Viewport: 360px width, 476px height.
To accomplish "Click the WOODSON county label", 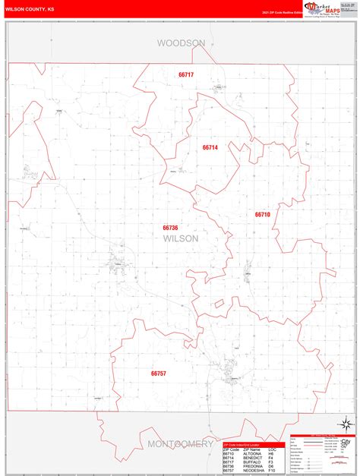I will coord(181,43).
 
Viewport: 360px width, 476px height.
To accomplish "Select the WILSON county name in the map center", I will coord(180,238).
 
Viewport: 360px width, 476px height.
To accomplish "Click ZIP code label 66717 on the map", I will coord(186,74).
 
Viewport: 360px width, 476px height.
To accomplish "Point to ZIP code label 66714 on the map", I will coord(210,147).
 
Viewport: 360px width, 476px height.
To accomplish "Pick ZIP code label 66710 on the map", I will coord(262,215).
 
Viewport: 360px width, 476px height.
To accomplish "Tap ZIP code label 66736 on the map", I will coord(170,227).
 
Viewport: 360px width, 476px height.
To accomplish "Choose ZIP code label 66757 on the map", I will coord(158,374).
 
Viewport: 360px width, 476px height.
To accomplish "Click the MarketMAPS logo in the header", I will coord(324,8).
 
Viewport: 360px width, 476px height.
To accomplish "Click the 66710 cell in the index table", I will coord(229,453).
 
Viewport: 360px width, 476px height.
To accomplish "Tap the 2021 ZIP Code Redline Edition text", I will coord(281,13).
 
